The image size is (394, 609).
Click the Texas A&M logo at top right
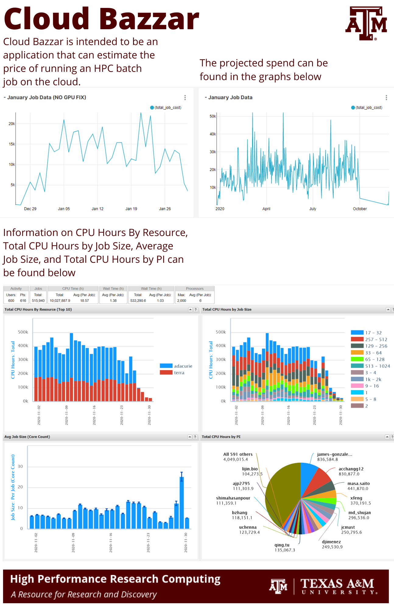pyautogui.click(x=366, y=23)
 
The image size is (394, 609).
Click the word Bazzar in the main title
pyautogui.click(x=150, y=19)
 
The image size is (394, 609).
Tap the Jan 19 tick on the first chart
pyautogui.click(x=131, y=209)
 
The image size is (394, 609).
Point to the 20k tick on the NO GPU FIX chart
pyautogui.click(x=12, y=124)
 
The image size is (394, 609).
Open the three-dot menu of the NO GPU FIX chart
pyautogui.click(x=185, y=97)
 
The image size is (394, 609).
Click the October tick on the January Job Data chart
pyautogui.click(x=360, y=209)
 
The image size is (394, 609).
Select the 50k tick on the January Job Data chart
pyautogui.click(x=213, y=116)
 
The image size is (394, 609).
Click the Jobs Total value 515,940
pyautogui.click(x=38, y=301)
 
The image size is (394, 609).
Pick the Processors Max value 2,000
pyautogui.click(x=182, y=301)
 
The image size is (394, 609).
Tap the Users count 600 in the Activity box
pyautogui.click(x=11, y=301)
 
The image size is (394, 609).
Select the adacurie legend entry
pyautogui.click(x=176, y=366)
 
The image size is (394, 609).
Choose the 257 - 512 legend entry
pyautogui.click(x=369, y=339)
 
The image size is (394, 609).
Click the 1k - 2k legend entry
pyautogui.click(x=366, y=379)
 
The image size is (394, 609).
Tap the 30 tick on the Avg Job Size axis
pyautogui.click(x=20, y=466)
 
